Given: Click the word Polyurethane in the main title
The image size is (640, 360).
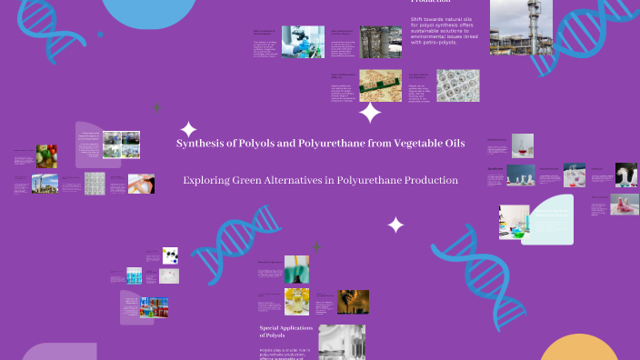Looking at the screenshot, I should pos(335,144).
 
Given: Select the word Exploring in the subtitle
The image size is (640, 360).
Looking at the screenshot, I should pos(205,180).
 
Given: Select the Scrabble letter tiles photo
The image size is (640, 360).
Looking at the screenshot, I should pos(380,85).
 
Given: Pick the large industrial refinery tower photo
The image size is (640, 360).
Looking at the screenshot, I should pos(521,27).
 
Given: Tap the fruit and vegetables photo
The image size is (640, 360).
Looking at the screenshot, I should pos(46,155).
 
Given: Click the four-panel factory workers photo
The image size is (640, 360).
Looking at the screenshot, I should pos(121,145).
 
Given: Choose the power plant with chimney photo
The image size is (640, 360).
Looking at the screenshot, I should pos(45,185).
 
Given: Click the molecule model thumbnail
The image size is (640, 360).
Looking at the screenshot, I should pos(169,255).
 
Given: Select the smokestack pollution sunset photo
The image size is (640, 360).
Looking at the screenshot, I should pos(354,301).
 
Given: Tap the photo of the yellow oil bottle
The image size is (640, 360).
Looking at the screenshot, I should pos(296,300).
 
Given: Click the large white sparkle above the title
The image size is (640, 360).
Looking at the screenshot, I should pos(370,113).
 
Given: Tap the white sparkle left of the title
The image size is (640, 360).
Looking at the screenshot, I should pos(188,130).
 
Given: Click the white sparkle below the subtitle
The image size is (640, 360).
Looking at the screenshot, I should pos(395,225).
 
